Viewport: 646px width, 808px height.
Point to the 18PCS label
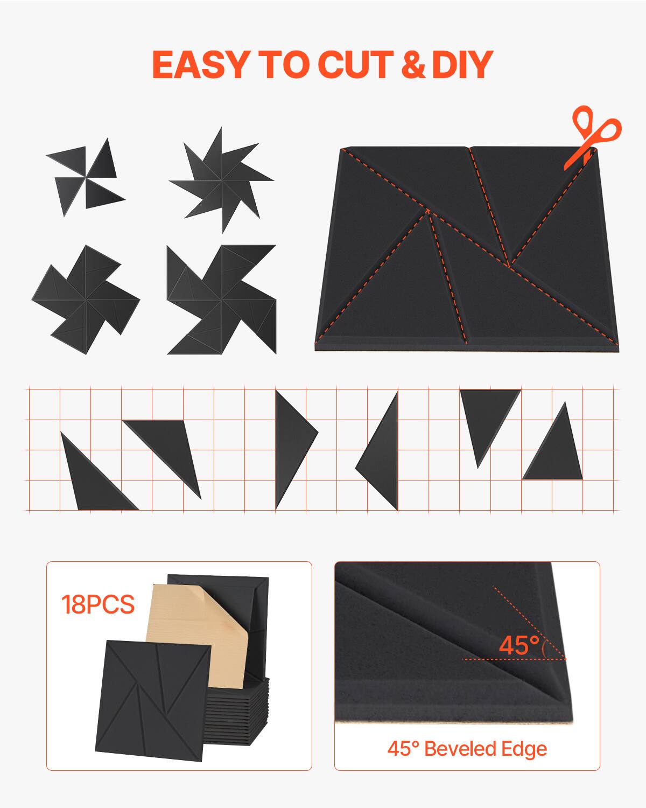(97, 604)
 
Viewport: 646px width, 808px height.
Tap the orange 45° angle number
(519, 645)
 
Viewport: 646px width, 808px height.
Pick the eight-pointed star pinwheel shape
(221, 180)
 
